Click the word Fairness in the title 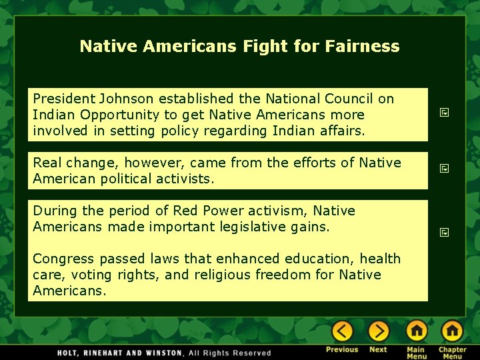pos(363,46)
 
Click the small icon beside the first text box pos(443,114)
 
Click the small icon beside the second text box pos(443,169)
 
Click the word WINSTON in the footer pos(161,353)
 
